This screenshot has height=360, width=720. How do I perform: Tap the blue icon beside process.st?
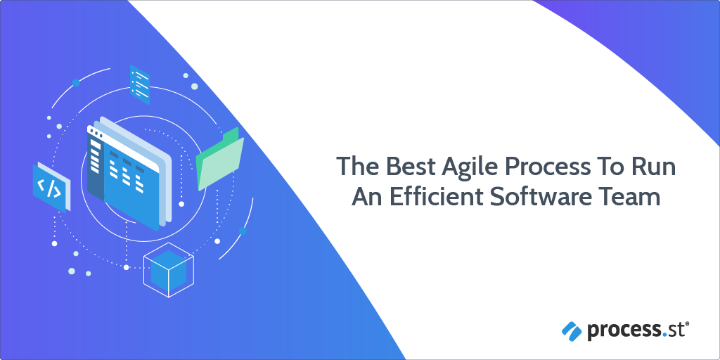pos(572,331)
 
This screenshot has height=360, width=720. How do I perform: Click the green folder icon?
pos(220,159)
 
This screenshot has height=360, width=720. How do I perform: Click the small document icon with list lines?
pos(140,84)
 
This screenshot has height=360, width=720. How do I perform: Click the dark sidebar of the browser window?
pos(96,166)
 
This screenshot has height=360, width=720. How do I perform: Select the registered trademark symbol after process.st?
pos(687,324)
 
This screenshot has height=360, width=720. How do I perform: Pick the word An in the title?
pos(366,198)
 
